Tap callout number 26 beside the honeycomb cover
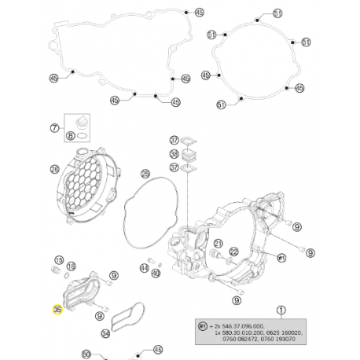click(54, 168)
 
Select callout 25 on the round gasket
click(145, 173)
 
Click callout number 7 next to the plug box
click(54, 127)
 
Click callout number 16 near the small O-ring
click(72, 266)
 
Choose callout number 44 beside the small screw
click(144, 268)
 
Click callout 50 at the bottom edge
click(86, 354)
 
